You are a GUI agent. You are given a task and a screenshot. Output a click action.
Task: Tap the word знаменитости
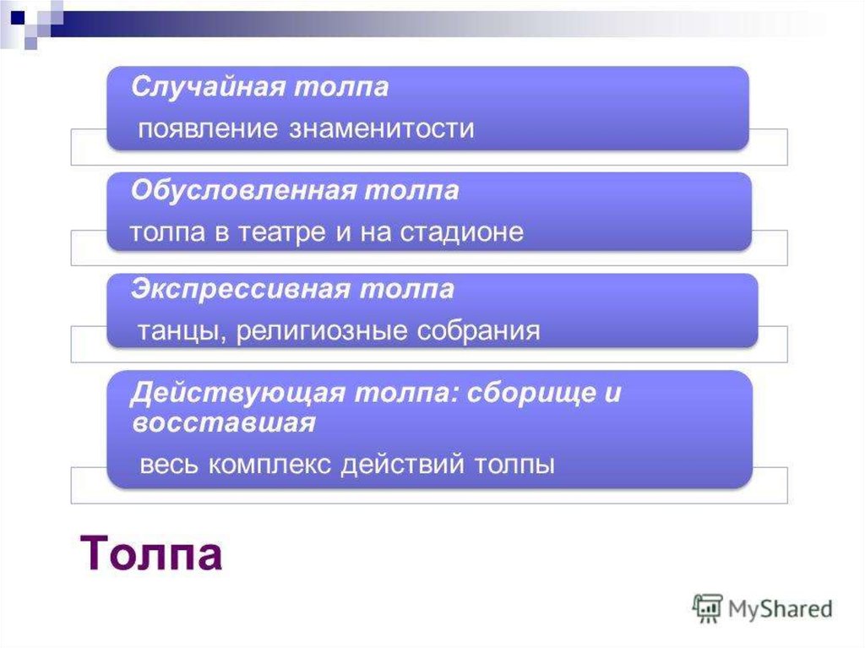point(382,128)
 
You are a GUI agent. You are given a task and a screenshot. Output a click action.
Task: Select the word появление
point(208,129)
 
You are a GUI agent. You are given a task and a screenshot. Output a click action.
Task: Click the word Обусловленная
point(243,191)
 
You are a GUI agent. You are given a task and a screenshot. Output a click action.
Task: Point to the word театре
point(281,232)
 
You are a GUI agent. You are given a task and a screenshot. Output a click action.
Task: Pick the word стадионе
point(462,231)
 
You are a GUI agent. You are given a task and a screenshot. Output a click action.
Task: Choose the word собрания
point(478,331)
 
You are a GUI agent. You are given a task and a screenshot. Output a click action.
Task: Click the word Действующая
point(237,394)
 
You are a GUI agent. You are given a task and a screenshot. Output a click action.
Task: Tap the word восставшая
point(224,423)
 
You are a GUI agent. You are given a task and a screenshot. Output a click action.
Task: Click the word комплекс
point(270,464)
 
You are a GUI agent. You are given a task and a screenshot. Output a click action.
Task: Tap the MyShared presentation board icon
point(707,607)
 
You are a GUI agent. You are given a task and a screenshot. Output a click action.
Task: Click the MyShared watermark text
point(780,609)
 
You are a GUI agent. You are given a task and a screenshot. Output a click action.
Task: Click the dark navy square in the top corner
point(18,18)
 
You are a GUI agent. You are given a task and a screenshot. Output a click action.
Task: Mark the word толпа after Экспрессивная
point(407,290)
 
